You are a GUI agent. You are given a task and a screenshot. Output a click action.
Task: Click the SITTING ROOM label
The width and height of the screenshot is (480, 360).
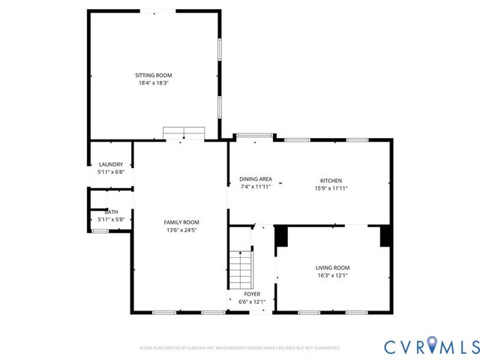point(153,75)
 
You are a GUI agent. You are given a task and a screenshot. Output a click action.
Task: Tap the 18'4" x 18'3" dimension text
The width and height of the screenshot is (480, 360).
point(153,83)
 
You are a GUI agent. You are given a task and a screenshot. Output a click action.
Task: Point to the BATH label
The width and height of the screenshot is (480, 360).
point(111,211)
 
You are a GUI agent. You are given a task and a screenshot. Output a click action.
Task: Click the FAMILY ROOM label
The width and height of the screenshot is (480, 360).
point(181,222)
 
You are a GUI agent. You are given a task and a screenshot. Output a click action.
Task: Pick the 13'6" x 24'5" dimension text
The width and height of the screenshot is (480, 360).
point(181,230)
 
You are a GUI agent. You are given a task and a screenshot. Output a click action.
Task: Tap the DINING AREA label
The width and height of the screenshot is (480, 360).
point(255,178)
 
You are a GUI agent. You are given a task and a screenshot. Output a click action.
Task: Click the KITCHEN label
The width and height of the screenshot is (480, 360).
point(331,181)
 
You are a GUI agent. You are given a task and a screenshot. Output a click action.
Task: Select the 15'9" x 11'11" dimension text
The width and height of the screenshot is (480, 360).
point(331,188)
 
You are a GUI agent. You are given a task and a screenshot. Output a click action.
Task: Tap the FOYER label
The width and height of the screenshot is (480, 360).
point(252,294)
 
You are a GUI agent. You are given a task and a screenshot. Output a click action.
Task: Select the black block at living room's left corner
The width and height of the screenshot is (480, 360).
point(282,236)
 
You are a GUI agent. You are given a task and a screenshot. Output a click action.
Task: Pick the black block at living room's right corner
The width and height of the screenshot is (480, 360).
point(385,236)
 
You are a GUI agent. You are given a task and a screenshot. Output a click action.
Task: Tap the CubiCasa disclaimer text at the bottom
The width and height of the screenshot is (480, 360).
point(240,348)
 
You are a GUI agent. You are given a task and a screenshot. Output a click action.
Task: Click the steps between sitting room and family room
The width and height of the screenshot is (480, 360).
point(184,133)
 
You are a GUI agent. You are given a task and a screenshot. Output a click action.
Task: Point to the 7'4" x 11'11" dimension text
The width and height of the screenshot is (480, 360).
point(255,187)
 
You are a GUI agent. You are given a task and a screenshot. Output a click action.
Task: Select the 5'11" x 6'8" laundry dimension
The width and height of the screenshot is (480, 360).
point(111,172)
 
